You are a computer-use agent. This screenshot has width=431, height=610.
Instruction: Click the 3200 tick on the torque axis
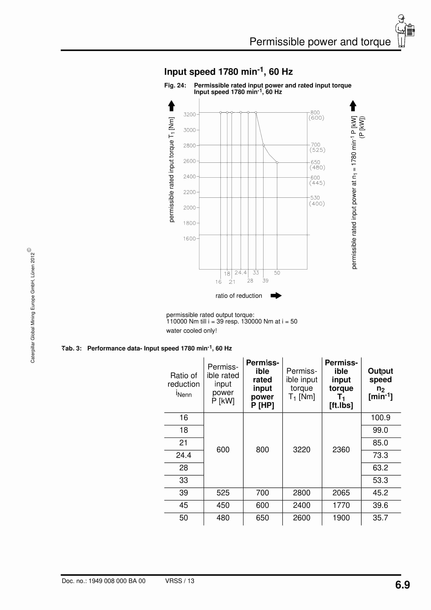point(189,114)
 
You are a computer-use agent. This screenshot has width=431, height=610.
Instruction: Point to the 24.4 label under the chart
point(240,273)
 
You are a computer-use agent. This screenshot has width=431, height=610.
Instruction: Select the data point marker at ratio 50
point(277,163)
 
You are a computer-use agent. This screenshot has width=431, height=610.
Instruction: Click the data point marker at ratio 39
point(263,145)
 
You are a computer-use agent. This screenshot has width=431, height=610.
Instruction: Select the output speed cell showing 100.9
point(380,418)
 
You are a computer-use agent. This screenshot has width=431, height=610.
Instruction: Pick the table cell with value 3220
point(302,450)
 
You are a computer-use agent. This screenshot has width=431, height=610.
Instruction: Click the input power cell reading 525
point(223,493)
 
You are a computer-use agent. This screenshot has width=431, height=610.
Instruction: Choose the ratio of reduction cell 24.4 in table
point(184,455)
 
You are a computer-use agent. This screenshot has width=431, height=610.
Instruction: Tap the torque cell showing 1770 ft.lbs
point(341,505)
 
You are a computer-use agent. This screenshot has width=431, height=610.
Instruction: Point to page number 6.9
point(402,585)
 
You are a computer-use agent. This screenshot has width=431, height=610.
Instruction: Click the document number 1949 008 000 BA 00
point(104,581)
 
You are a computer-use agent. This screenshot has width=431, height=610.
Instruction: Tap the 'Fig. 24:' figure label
point(175,85)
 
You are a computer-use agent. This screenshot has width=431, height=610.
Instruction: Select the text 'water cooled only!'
point(191,331)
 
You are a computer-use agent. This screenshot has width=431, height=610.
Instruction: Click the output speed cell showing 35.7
point(380,518)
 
